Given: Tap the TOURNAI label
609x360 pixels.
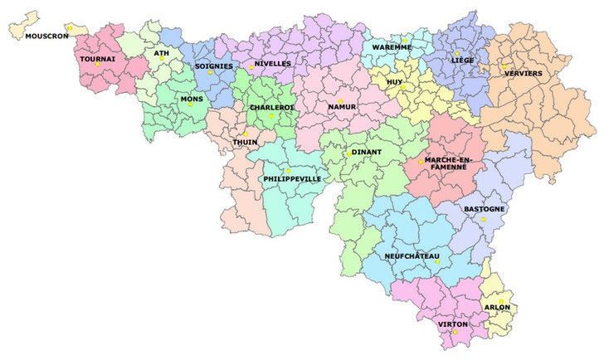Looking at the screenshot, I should pyautogui.click(x=97, y=59).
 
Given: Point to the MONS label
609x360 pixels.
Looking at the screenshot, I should pyautogui.click(x=191, y=99).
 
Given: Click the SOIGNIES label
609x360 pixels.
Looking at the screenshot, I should pyautogui.click(x=213, y=66).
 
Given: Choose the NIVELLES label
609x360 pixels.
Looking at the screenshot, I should pyautogui.click(x=273, y=64).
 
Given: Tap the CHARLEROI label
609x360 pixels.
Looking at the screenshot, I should pyautogui.click(x=269, y=107).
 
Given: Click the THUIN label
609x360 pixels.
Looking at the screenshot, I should pyautogui.click(x=245, y=142).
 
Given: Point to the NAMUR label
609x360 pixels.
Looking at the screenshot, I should pyautogui.click(x=342, y=107).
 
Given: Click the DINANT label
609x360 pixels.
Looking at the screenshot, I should pyautogui.click(x=366, y=153).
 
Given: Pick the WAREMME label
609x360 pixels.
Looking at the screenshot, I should pyautogui.click(x=392, y=47).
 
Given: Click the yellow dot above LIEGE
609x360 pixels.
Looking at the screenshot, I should pyautogui.click(x=456, y=53).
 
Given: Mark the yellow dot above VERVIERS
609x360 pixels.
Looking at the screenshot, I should pyautogui.click(x=504, y=67).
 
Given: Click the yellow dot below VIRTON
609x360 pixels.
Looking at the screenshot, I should pyautogui.click(x=455, y=333).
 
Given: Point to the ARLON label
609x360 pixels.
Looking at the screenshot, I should pyautogui.click(x=496, y=307).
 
